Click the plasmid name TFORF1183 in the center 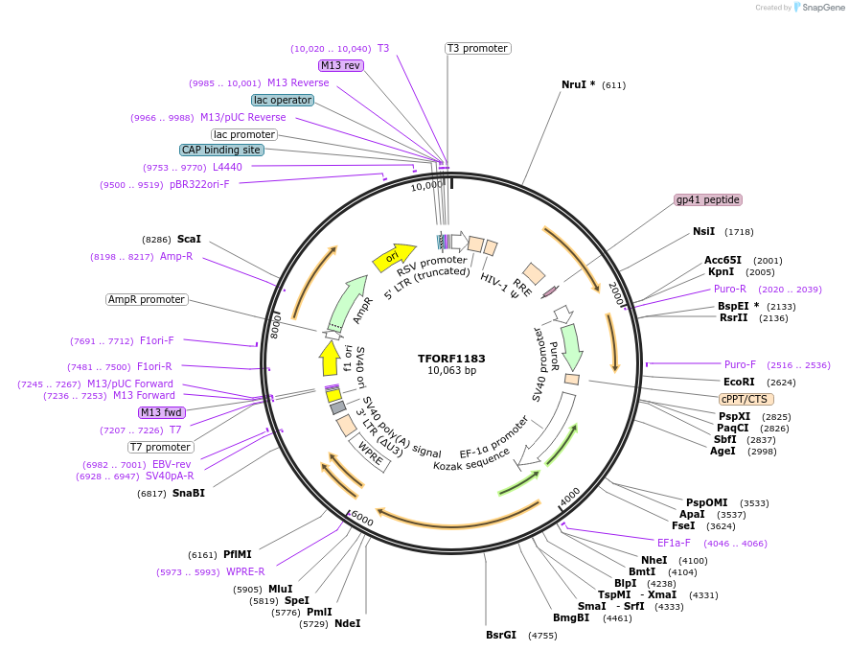click(451, 359)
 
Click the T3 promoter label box click(477, 48)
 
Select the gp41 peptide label click(708, 199)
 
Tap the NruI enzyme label click(578, 84)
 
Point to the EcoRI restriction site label click(739, 382)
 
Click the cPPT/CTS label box click(746, 399)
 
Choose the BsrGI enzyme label click(501, 635)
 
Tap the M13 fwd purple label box click(161, 412)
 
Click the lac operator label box click(283, 100)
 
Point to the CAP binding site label click(221, 150)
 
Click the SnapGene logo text click(822, 8)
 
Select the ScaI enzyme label click(189, 239)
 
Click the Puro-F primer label click(740, 364)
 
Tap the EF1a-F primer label click(674, 543)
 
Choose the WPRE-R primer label click(245, 571)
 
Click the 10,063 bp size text click(451, 371)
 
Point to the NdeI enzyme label click(348, 623)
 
